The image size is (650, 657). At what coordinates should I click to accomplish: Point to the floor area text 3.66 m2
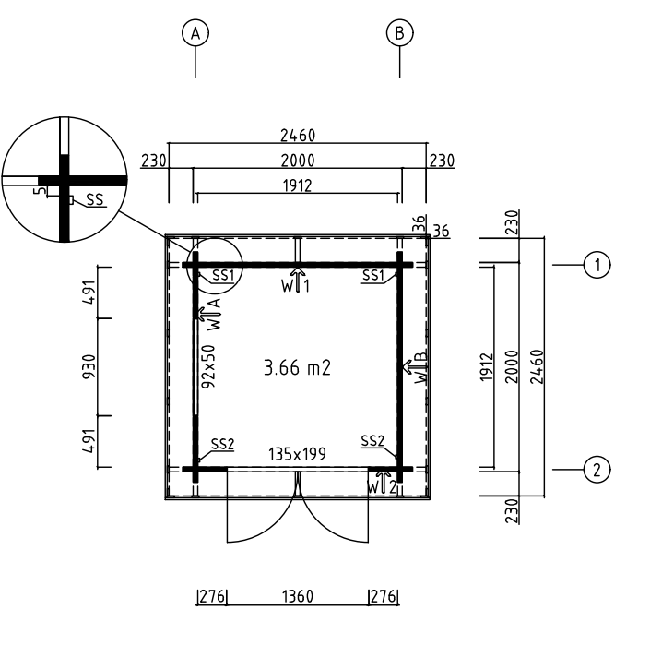[x=297, y=368]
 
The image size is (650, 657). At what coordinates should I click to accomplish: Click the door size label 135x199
[x=297, y=454]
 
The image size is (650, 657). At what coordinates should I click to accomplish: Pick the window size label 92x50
[x=208, y=366]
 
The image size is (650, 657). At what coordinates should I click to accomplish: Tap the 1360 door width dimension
[x=298, y=596]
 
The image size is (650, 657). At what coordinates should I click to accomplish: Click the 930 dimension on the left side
[x=89, y=366]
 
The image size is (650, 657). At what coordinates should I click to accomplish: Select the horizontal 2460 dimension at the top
[x=298, y=136]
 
